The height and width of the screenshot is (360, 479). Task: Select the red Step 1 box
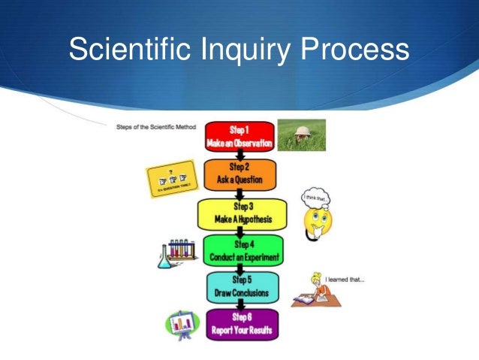pyautogui.click(x=239, y=135)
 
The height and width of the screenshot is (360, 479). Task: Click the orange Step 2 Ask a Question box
pyautogui.click(x=239, y=175)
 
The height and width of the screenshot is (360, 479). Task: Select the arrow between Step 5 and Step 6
pyautogui.click(x=240, y=305)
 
